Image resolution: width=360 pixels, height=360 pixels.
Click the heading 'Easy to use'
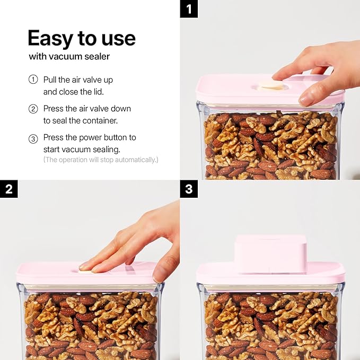[82, 39]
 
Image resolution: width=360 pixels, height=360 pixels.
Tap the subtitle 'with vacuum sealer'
[69, 57]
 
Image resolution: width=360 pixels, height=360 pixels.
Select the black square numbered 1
[189, 9]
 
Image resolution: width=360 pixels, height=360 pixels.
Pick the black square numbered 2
[8, 189]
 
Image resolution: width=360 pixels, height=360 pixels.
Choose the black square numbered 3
[189, 189]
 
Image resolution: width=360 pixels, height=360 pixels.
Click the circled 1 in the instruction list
[33, 80]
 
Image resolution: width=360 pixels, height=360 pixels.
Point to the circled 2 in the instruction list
[33, 109]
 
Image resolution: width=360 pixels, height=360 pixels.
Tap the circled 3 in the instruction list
[33, 139]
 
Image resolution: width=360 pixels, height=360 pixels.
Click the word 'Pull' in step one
[50, 80]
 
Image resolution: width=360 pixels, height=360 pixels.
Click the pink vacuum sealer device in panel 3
[270, 254]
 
